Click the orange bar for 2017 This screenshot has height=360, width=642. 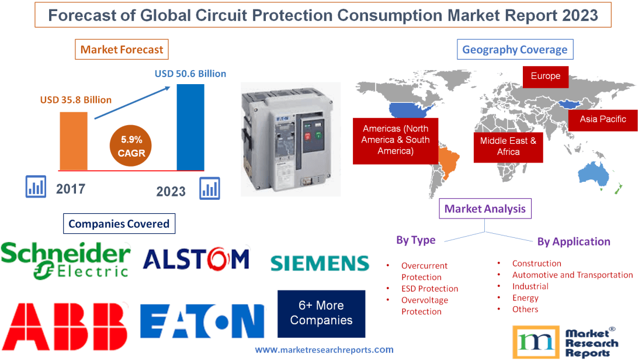(x=73, y=141)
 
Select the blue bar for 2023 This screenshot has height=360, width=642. (x=190, y=127)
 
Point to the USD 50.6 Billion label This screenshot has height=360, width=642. (x=190, y=74)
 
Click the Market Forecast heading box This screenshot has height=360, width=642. (x=122, y=49)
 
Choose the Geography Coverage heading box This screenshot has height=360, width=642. (x=515, y=49)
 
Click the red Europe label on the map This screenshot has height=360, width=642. (x=545, y=76)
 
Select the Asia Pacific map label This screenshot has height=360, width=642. (x=602, y=119)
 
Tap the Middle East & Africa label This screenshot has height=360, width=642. (x=508, y=146)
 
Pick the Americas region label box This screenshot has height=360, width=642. (x=395, y=140)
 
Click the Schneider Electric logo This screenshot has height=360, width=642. (x=65, y=260)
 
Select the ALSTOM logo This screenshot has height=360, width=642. (x=196, y=258)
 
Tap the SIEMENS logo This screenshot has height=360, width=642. (x=320, y=263)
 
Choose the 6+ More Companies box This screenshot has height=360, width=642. (x=321, y=313)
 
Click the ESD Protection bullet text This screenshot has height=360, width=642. (x=429, y=289)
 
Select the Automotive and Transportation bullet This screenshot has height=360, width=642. (x=572, y=275)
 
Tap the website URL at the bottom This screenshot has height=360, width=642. (x=324, y=349)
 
